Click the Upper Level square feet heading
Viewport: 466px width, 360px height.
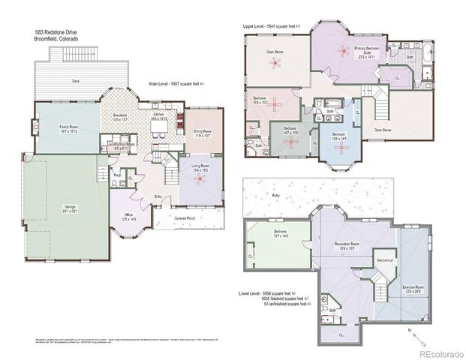pos(270,25)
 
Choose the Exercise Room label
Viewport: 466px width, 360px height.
pos(425,287)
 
